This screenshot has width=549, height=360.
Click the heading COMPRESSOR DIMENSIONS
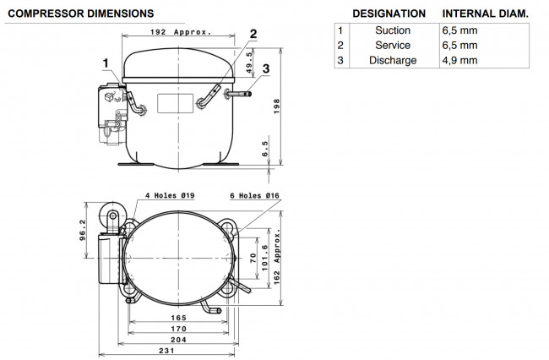(81, 14)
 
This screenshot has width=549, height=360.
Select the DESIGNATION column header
(389, 14)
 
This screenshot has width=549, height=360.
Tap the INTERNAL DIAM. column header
(486, 14)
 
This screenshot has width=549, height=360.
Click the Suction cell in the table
(393, 30)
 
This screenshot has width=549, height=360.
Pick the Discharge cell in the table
(393, 60)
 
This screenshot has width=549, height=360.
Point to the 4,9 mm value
(459, 60)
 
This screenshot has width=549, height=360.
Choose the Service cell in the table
(393, 45)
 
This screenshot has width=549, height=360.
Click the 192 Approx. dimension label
(181, 32)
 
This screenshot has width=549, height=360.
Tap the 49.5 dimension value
(249, 63)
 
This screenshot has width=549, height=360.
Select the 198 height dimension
(276, 106)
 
